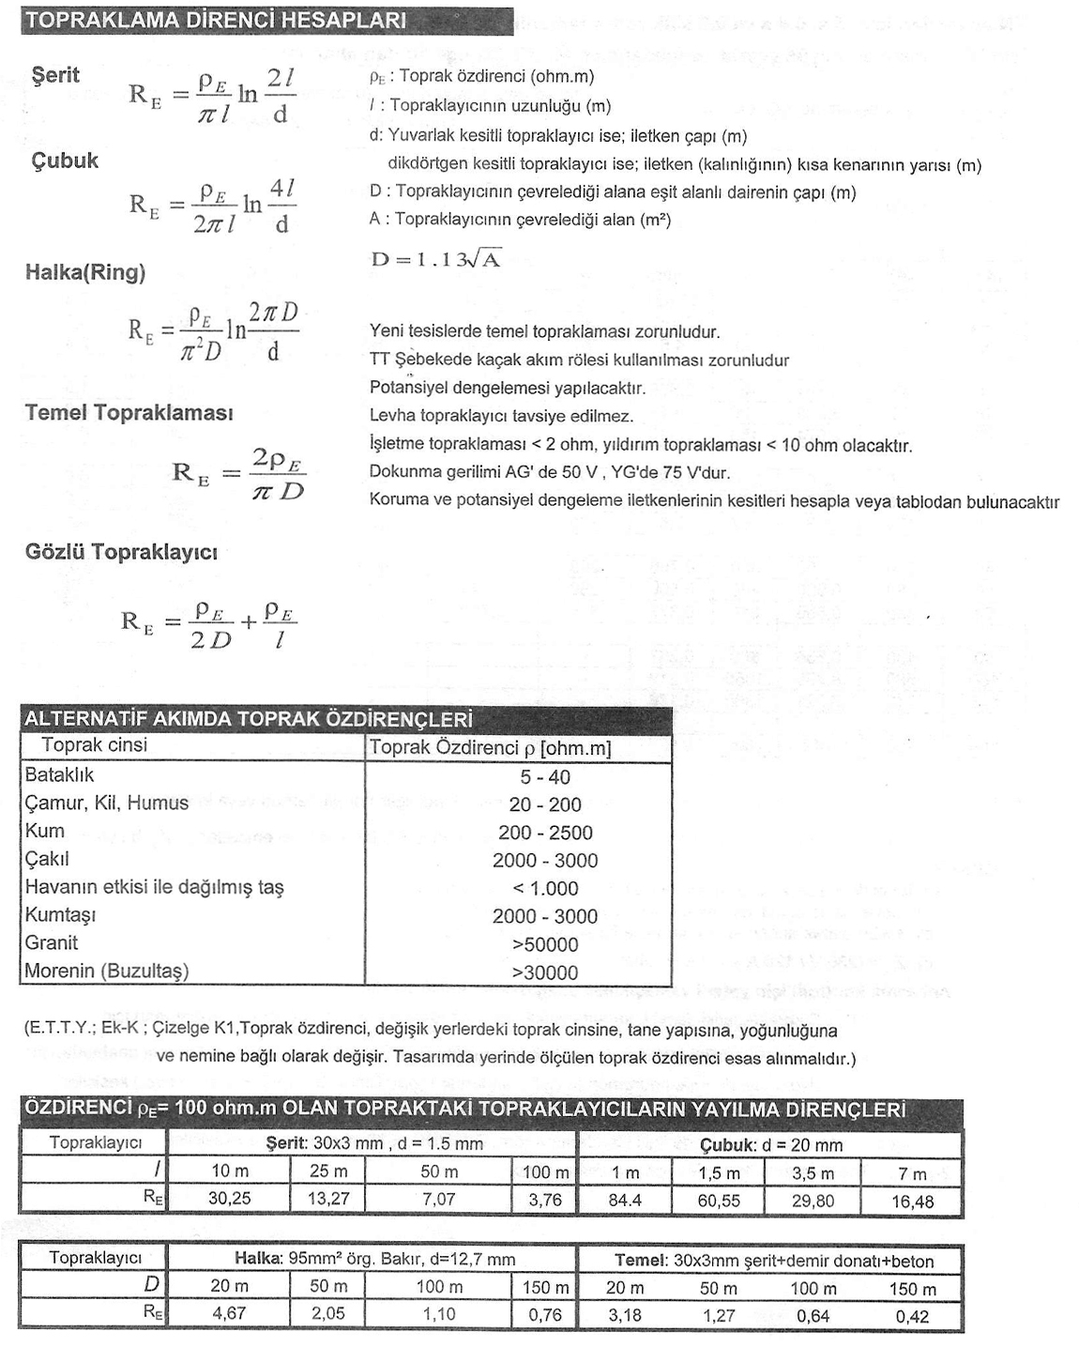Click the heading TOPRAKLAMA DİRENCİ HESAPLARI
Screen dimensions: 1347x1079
pyautogui.click(x=215, y=21)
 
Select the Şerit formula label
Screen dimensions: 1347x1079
pyautogui.click(x=55, y=75)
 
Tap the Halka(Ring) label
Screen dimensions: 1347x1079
pyautogui.click(x=85, y=273)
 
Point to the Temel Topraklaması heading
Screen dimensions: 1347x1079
pyautogui.click(x=129, y=413)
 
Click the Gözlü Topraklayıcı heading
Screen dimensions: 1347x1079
pyautogui.click(x=121, y=552)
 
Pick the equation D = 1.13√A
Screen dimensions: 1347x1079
pyautogui.click(x=435, y=260)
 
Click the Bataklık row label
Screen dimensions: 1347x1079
pyautogui.click(x=59, y=775)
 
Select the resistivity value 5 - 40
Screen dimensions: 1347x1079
pyautogui.click(x=545, y=777)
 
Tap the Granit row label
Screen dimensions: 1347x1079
pyautogui.click(x=52, y=943)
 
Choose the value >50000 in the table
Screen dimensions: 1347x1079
pyautogui.click(x=545, y=945)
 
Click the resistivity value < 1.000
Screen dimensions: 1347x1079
pyautogui.click(x=545, y=889)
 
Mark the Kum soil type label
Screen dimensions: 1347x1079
pyautogui.click(x=45, y=832)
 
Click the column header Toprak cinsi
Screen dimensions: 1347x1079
pyautogui.click(x=94, y=745)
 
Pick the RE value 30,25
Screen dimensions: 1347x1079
pyautogui.click(x=229, y=1199)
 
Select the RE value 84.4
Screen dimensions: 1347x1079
pyautogui.click(x=625, y=1200)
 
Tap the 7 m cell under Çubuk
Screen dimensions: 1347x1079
pyautogui.click(x=912, y=1173)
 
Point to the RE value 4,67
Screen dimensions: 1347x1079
pyautogui.click(x=229, y=1314)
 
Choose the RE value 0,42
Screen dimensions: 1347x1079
pyautogui.click(x=912, y=1316)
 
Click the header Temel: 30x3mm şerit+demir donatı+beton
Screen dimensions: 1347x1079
pyautogui.click(x=774, y=1261)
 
